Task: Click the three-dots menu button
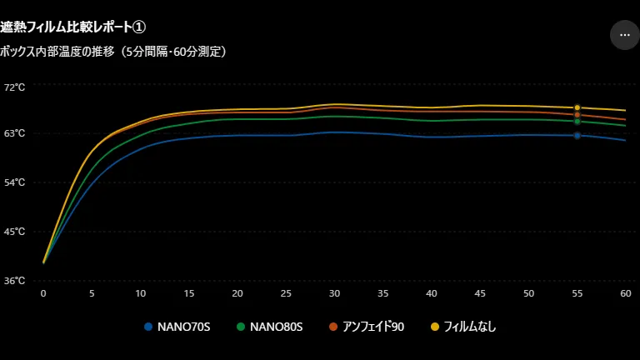coord(624,35)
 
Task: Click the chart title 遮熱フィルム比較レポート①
coord(72,27)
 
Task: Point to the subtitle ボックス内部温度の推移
coord(57,52)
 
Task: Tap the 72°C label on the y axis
coord(14,87)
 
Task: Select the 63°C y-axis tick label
coord(14,133)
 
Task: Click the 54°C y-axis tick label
coord(14,182)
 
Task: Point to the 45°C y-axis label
coord(14,232)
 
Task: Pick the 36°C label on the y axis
coord(14,280)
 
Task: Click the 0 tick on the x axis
coord(43,293)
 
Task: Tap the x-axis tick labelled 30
coord(334,293)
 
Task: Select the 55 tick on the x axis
coord(577,293)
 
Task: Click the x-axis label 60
coord(626,293)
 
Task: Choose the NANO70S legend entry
coord(177,327)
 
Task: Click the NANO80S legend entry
coord(270,327)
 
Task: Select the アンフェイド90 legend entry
coord(367,327)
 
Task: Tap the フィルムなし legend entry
coord(463,327)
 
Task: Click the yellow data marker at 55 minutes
coord(577,107)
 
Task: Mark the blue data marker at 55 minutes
coord(577,136)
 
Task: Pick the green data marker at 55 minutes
coord(577,122)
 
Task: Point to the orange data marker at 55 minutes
coord(577,115)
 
